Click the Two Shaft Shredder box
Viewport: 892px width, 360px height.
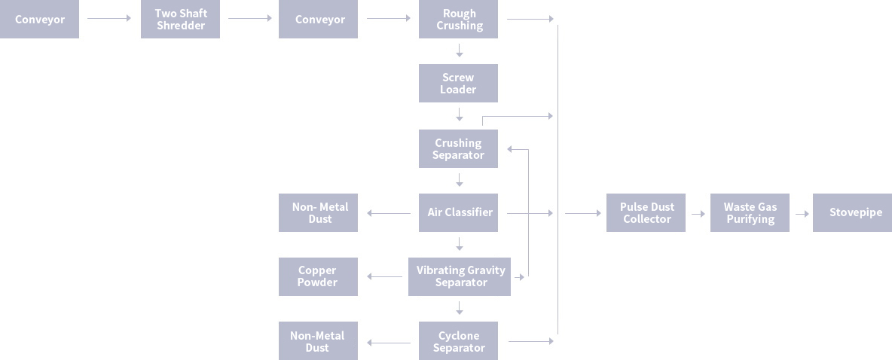180,20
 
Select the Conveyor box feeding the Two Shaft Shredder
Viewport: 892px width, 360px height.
39,20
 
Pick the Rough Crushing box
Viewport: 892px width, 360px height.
459,20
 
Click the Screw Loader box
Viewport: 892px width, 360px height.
458,83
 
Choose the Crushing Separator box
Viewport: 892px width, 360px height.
458,148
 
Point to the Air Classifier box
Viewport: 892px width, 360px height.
459,212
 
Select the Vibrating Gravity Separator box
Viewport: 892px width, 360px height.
460,276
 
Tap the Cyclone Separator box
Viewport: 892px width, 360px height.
458,341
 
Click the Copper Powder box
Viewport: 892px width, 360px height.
317,276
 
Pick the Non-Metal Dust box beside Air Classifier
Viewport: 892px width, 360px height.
318,212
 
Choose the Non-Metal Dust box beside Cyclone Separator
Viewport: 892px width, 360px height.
317,341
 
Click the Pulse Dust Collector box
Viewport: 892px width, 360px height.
646,212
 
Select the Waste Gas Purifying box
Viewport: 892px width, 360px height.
750,212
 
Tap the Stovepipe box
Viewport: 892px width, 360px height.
852,212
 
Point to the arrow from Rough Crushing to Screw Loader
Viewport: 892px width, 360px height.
459,51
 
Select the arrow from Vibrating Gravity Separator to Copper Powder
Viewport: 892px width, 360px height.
385,277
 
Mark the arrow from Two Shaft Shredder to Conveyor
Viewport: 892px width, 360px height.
249,19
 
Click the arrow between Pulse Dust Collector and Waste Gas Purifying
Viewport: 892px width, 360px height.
698,213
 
